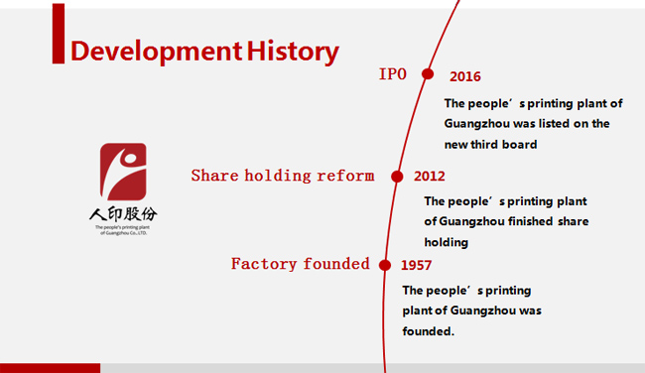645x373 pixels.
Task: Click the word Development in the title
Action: pos(157,52)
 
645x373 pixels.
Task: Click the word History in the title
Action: pos(293,52)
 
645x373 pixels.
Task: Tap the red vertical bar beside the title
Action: pos(59,34)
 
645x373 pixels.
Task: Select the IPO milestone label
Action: pos(392,74)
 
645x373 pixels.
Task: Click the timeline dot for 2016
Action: pos(428,74)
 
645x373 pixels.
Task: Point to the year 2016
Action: pos(464,76)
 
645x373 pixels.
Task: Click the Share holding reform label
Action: pos(283,176)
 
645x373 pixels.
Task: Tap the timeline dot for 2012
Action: pos(397,177)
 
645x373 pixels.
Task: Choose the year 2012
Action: pos(430,176)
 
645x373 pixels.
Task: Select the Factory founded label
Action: pos(301,264)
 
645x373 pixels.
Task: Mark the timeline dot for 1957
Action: pos(385,265)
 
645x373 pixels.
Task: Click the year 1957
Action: pos(417,265)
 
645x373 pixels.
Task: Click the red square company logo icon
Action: pos(123,172)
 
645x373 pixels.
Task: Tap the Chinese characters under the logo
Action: pos(123,214)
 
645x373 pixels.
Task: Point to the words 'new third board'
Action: pos(491,145)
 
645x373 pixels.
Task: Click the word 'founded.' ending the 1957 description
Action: pos(429,331)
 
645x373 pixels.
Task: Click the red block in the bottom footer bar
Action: pos(51,368)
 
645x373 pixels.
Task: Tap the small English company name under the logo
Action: pos(123,230)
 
